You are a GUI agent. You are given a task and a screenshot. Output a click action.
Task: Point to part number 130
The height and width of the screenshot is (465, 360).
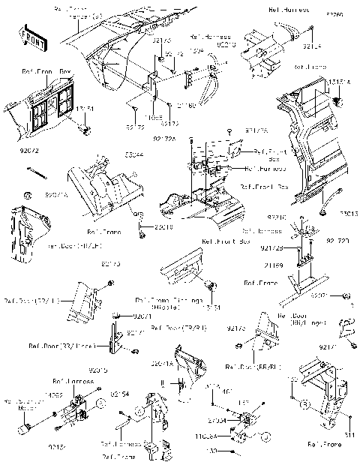212,451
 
